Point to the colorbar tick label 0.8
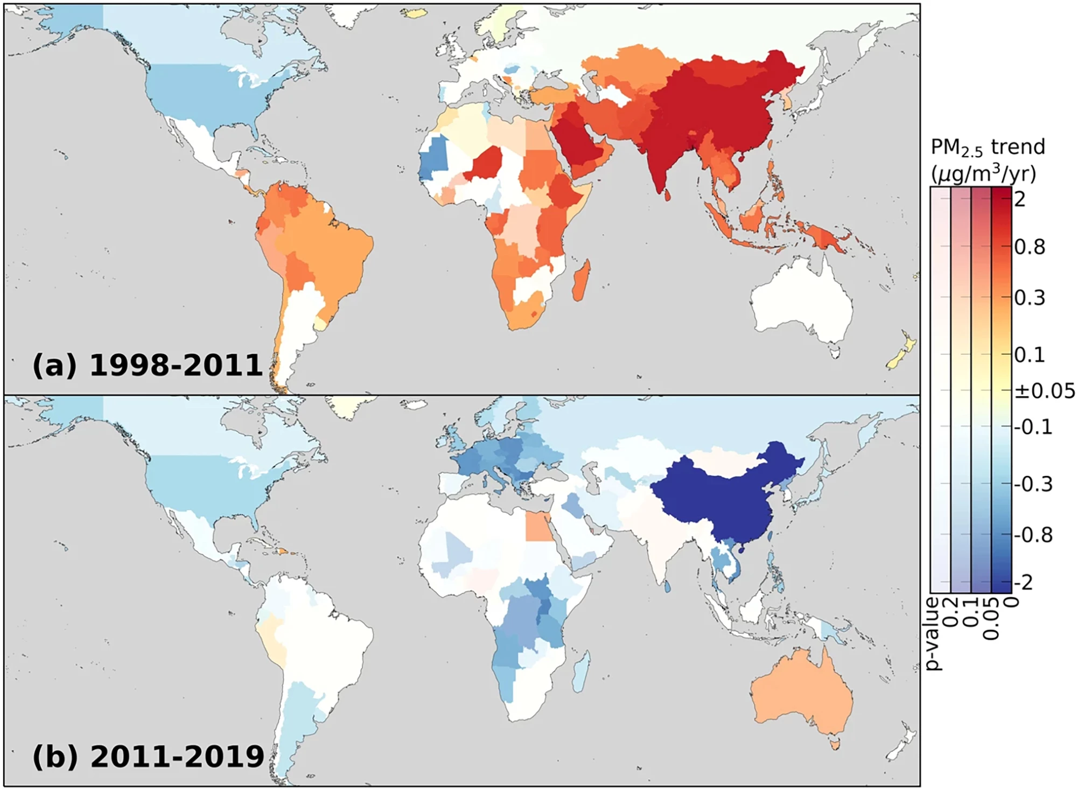(1030, 247)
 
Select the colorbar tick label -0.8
(1033, 535)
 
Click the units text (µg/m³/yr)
(983, 173)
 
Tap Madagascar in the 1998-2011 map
(581, 280)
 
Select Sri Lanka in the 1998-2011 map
(667, 194)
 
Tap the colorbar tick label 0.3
(1030, 298)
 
